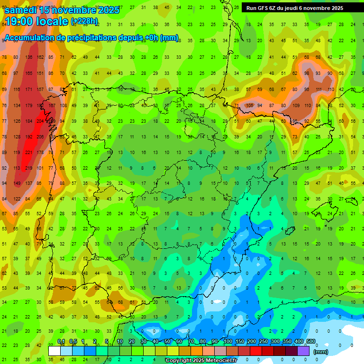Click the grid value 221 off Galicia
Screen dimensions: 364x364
click(28, 152)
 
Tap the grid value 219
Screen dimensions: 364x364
click(28, 168)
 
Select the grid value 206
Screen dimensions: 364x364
click(40, 136)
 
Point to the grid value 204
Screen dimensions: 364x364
click(40, 121)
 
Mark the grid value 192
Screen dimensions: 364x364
click(28, 136)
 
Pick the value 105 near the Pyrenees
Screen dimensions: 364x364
click(250, 105)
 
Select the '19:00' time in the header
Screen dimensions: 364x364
click(19, 21)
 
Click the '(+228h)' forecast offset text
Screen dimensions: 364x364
click(84, 21)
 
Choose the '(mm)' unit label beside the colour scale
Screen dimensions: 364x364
click(320, 352)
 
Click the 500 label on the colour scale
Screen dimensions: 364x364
click(311, 341)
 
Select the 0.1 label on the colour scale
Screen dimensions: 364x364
click(61, 341)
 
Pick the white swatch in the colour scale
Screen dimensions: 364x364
click(55, 351)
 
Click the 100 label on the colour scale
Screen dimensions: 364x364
click(227, 341)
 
